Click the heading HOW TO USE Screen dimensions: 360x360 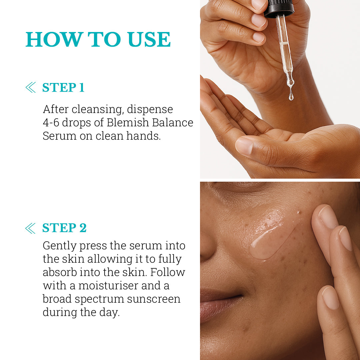98,39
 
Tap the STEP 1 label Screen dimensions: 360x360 63,87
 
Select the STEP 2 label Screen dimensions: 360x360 65,228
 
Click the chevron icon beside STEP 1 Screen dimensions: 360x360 31,87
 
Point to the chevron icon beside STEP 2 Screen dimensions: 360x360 30,228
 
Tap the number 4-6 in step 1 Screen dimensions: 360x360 51,123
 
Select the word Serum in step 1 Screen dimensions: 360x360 59,136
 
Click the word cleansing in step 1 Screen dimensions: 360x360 98,110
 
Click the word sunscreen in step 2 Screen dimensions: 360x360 154,299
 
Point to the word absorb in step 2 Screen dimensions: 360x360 60,272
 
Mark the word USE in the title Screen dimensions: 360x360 149,39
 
